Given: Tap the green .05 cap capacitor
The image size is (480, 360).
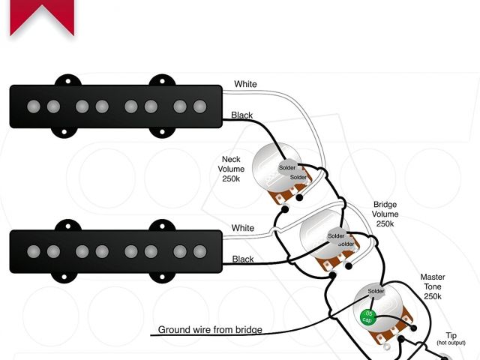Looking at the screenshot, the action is point(367,317).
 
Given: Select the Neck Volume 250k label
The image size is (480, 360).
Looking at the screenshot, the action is point(231,169).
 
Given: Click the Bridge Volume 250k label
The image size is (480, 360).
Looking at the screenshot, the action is point(385,214).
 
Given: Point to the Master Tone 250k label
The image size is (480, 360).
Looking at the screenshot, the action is point(432,286).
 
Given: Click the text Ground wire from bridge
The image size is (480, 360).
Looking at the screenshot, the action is point(210,330).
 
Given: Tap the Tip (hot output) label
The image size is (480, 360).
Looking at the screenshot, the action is point(451,338).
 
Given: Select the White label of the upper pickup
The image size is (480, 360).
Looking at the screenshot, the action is point(245,84).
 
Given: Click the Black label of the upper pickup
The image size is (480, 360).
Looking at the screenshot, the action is point(241,115).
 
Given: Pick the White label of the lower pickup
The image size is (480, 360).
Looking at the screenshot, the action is point(243,228).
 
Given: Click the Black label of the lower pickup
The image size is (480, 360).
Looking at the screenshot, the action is point(243,259).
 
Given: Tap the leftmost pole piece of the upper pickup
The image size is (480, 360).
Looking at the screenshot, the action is point(34,106).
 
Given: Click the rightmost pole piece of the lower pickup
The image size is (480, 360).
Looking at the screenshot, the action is point(200,251).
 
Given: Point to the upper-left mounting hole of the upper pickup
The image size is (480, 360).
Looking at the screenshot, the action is point(68,81).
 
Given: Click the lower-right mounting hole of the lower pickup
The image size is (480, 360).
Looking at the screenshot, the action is point(162,277).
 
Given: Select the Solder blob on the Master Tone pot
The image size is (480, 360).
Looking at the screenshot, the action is point(376,291).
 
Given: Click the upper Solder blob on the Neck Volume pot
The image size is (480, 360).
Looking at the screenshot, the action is point(287,167).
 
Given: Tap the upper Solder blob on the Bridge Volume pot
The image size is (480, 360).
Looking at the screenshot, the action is point(336,235).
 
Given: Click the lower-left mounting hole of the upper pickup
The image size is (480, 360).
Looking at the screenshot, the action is point(64,132).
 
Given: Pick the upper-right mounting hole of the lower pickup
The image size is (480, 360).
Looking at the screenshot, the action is point(162,226).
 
